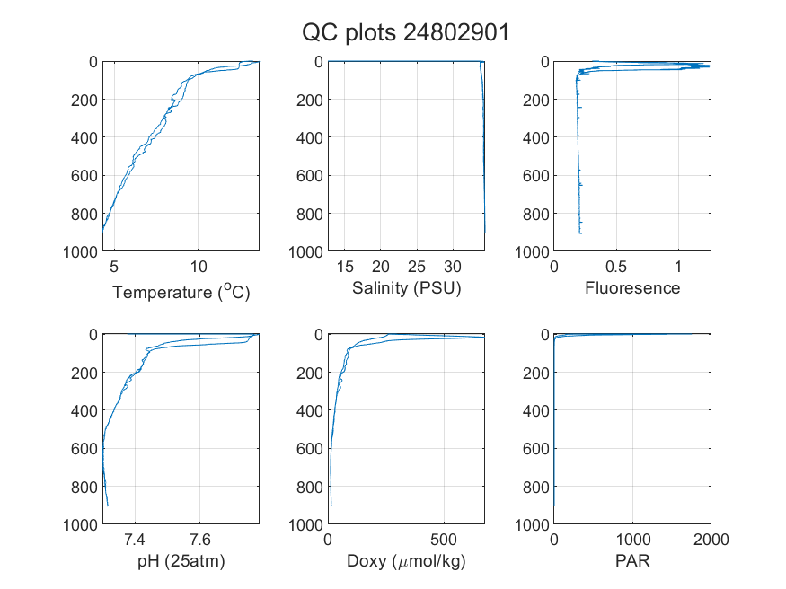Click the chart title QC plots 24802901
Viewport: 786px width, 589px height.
click(x=405, y=33)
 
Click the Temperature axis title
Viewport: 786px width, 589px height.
click(x=181, y=292)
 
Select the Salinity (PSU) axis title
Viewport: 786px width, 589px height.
click(x=407, y=288)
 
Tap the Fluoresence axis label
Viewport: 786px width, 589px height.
click(x=632, y=288)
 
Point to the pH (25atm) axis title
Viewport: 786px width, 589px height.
click(x=181, y=561)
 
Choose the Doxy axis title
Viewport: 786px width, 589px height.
click(x=407, y=561)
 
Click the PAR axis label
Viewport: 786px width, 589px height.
click(x=632, y=560)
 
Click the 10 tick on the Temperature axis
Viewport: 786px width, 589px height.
click(x=198, y=267)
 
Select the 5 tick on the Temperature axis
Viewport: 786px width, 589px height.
click(x=114, y=267)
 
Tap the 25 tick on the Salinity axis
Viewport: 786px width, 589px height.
click(x=417, y=267)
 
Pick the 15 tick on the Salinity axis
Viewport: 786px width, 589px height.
click(x=344, y=267)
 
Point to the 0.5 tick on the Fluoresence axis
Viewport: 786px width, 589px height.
click(x=616, y=267)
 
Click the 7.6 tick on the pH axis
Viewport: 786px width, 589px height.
click(x=200, y=540)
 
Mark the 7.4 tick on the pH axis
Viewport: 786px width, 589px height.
click(x=135, y=540)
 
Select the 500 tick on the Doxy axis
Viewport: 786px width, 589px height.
click(x=444, y=540)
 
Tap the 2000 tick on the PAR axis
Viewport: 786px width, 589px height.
click(x=711, y=540)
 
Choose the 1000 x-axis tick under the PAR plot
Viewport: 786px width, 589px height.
click(x=632, y=540)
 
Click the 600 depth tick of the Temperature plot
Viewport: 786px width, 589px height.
click(x=84, y=176)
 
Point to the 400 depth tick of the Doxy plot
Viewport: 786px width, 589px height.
click(x=310, y=410)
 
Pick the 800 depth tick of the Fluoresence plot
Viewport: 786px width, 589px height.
click(x=536, y=214)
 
